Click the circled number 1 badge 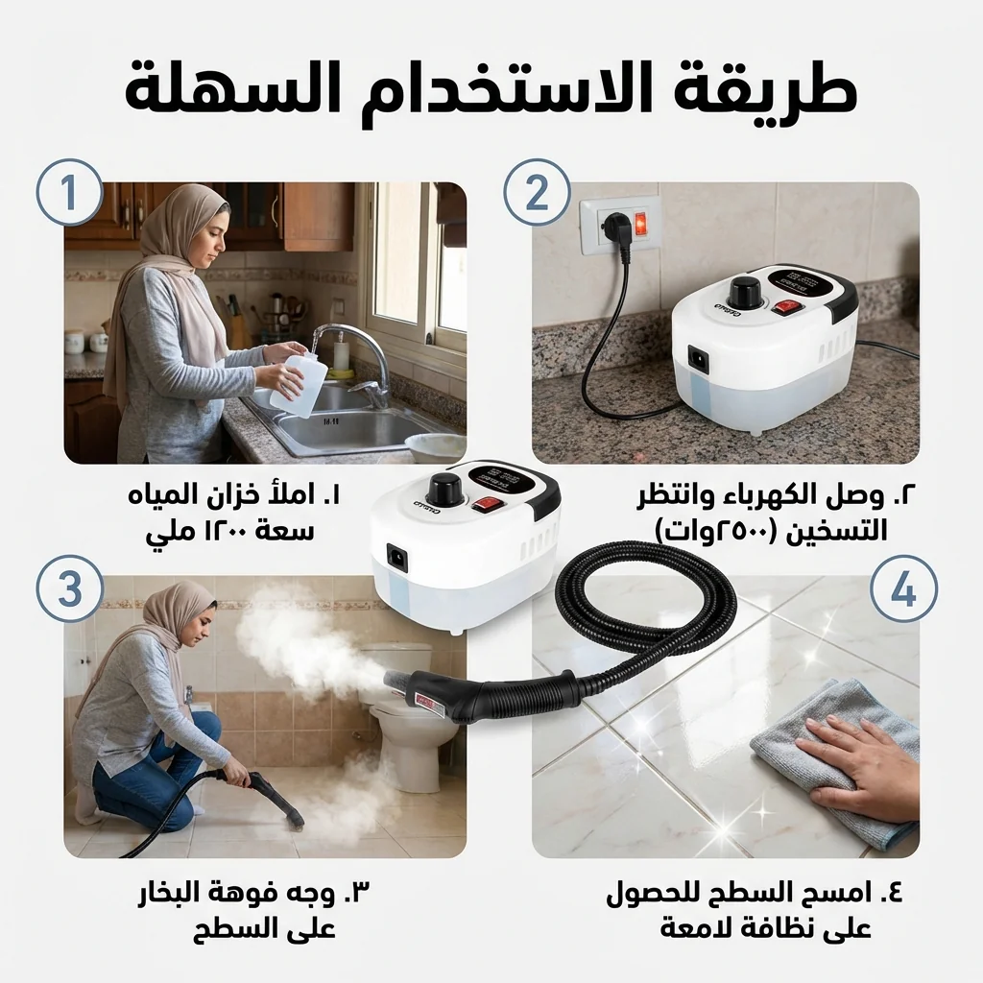[69, 192]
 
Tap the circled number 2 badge [538, 192]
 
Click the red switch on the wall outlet [640, 224]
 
